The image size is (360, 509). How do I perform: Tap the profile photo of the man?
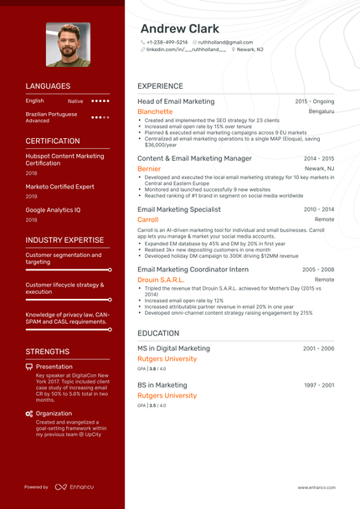click(x=68, y=44)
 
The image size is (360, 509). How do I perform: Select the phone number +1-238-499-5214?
click(x=167, y=42)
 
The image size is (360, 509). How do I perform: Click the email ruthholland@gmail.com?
click(x=225, y=42)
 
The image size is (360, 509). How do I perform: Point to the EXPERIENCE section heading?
click(x=160, y=86)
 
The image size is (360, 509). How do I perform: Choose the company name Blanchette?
click(x=155, y=111)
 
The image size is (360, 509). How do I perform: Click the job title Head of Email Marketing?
click(x=176, y=101)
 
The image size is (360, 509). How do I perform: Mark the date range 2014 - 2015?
click(x=318, y=158)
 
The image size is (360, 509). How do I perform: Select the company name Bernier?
click(x=149, y=168)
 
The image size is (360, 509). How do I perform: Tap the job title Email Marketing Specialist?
click(x=179, y=209)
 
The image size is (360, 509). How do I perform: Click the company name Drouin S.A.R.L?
click(x=161, y=280)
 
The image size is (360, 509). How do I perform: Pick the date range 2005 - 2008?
click(x=318, y=270)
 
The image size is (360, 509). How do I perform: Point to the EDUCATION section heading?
click(x=158, y=333)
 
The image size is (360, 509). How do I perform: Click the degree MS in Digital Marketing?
click(x=173, y=348)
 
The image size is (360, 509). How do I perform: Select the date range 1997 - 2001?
click(x=318, y=385)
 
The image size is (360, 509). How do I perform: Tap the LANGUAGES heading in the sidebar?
click(x=48, y=86)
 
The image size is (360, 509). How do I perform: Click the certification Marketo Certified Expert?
click(x=59, y=187)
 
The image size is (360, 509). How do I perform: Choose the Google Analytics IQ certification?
click(x=53, y=210)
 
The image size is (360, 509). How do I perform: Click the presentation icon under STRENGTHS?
click(x=29, y=367)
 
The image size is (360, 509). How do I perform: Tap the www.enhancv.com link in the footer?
click(x=316, y=487)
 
